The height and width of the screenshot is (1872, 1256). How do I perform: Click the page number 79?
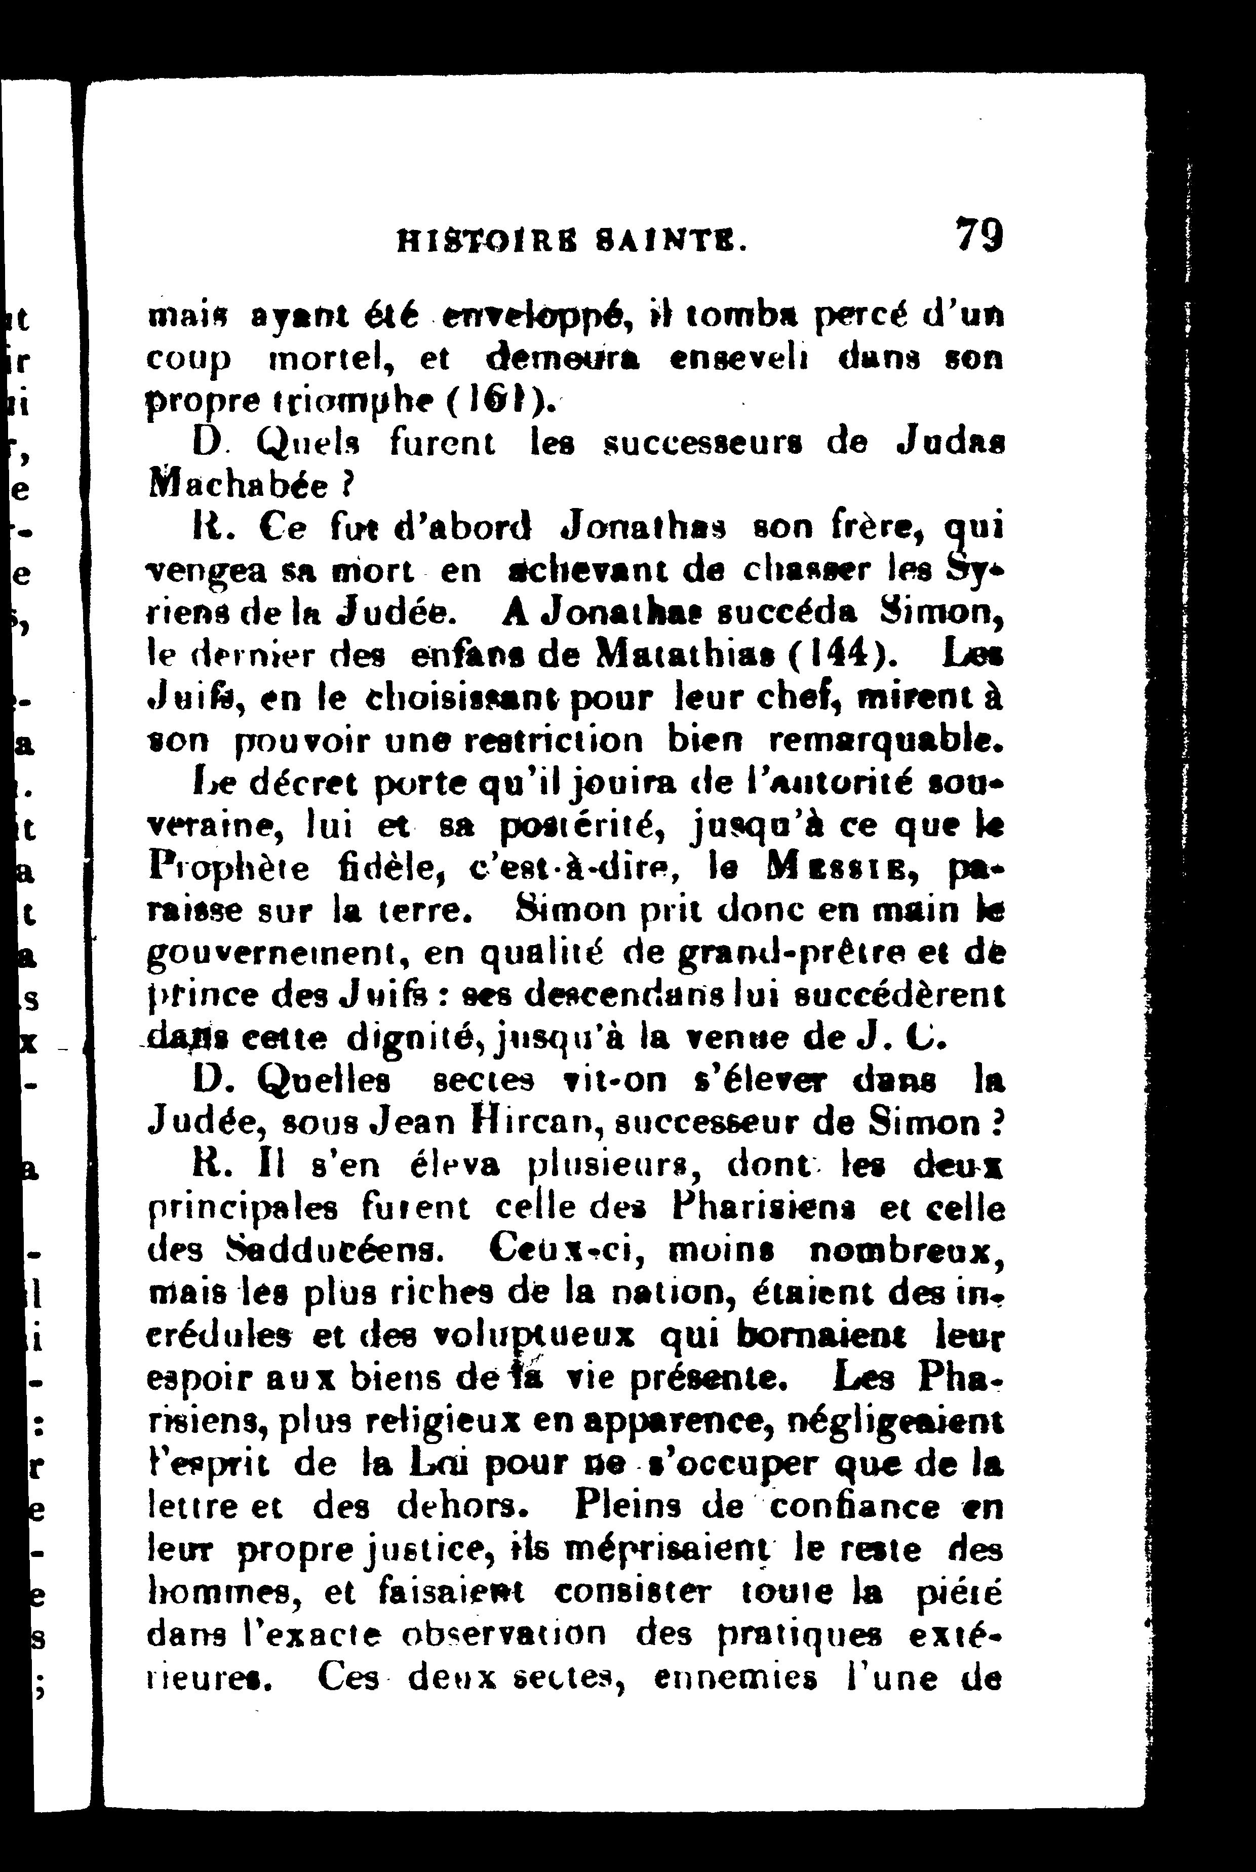[x=979, y=237]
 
